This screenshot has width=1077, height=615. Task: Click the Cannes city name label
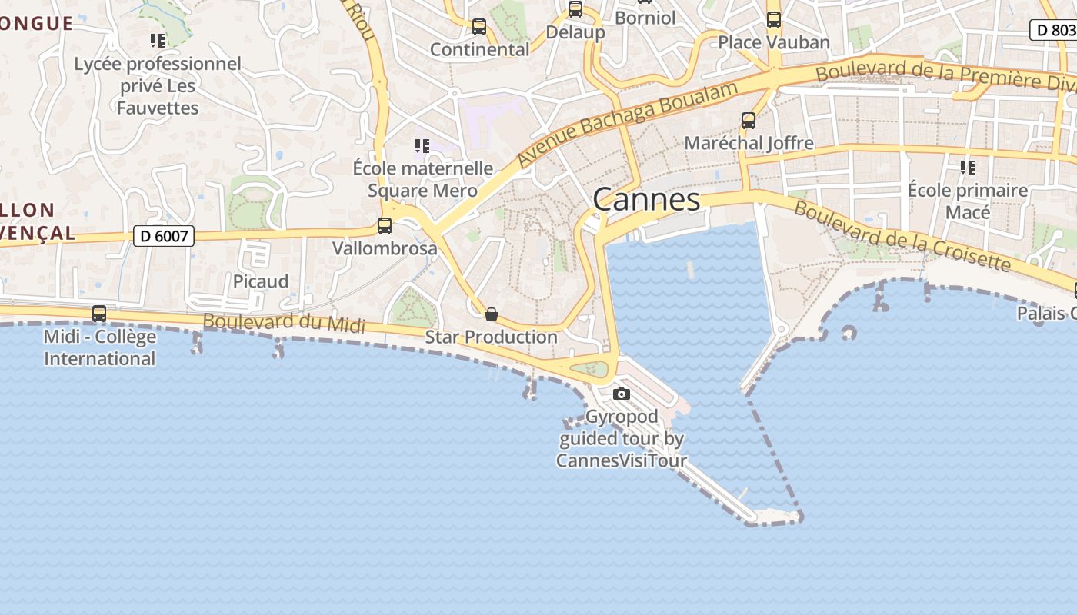point(646,200)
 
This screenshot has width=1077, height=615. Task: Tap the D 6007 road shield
point(164,236)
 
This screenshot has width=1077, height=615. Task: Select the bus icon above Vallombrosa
point(385,226)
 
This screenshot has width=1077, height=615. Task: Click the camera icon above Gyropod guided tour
point(622,394)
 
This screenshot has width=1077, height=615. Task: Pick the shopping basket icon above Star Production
point(492,314)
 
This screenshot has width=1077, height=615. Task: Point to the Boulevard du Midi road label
point(284,323)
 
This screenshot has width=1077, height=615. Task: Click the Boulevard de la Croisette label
point(902,236)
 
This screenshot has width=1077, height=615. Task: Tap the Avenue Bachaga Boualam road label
point(627,122)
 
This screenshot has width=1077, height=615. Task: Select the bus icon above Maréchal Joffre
point(749,121)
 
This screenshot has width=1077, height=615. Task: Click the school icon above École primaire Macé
point(968,167)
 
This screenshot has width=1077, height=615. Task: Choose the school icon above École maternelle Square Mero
point(422,145)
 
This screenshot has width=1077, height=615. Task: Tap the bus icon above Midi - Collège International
point(99,314)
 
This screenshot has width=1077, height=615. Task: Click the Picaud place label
point(261,281)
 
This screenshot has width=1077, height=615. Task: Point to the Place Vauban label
point(774,42)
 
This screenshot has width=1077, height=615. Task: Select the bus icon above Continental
point(479,27)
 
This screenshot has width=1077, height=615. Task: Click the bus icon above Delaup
point(575,9)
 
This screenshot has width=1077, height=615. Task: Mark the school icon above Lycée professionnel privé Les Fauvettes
point(158,40)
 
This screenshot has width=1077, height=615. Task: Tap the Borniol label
point(645,18)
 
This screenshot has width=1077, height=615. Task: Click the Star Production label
point(492,337)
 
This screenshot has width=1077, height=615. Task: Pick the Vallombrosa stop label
point(385,248)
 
